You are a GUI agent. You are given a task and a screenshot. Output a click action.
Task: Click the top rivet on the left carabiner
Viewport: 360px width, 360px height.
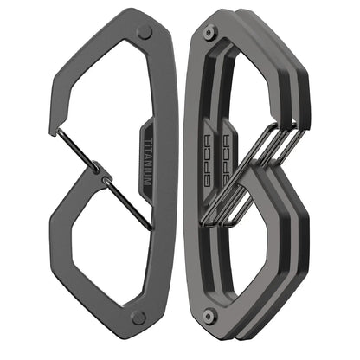145,32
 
